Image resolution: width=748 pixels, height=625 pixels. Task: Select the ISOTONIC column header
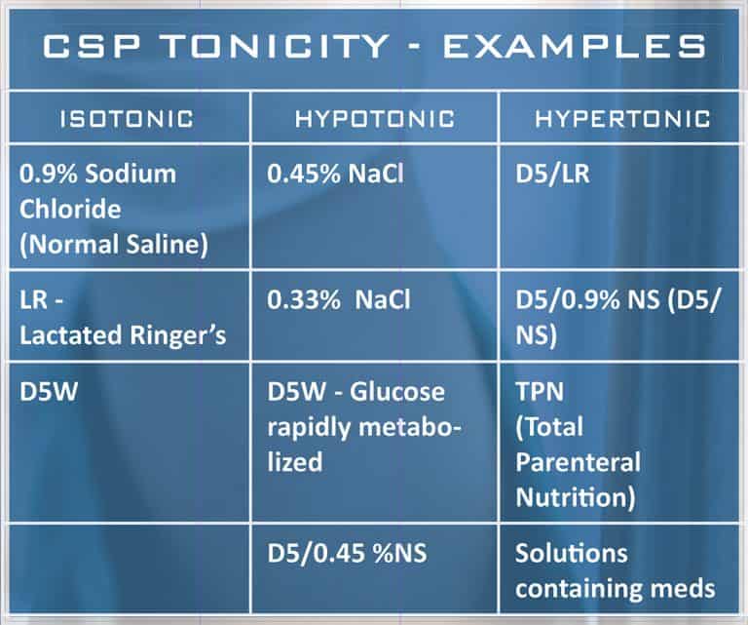tap(127, 119)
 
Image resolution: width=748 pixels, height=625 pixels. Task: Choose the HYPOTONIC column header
tap(375, 119)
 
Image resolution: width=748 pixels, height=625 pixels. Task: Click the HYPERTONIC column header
tap(620, 119)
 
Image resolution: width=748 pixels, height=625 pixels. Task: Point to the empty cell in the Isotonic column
tap(127, 567)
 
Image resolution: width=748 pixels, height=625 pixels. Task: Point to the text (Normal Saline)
tap(114, 244)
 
